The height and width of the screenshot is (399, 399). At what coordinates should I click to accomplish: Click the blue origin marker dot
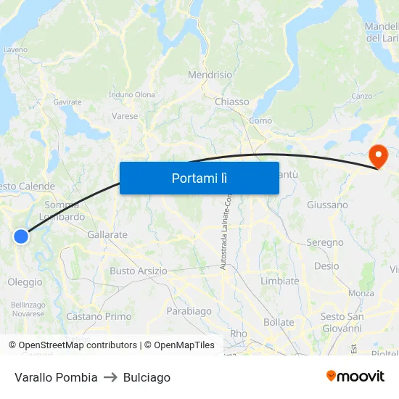[x=21, y=236]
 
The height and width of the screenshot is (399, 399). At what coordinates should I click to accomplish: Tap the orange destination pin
[x=379, y=156]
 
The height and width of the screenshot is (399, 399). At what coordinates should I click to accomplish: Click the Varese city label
[x=125, y=116]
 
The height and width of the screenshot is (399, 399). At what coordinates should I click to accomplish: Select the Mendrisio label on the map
[x=210, y=75]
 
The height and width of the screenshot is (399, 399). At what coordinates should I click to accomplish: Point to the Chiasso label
[x=231, y=102]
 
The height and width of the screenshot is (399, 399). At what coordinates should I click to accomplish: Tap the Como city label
[x=260, y=120]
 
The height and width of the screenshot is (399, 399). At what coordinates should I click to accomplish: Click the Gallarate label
[x=107, y=235]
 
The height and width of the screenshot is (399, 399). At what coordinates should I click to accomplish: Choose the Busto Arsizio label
[x=138, y=271]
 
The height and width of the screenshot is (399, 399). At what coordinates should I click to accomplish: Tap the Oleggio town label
[x=25, y=282]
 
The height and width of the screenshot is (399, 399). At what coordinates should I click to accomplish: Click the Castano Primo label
[x=99, y=316]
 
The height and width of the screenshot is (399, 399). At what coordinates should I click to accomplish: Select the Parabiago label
[x=189, y=311]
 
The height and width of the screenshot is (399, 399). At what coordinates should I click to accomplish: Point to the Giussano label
[x=327, y=205]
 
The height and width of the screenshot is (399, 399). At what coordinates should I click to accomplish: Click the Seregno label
[x=324, y=242]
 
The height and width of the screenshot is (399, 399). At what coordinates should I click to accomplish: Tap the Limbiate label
[x=279, y=281]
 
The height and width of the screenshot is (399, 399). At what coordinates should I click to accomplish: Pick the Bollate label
[x=279, y=322]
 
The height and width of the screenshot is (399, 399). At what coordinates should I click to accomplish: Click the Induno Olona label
[x=131, y=94]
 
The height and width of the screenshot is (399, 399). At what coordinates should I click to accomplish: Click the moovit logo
[x=355, y=377]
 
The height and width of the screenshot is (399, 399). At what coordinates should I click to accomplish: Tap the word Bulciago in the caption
[x=147, y=377]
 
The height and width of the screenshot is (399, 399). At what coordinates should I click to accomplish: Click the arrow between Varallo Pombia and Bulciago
[x=110, y=377]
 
